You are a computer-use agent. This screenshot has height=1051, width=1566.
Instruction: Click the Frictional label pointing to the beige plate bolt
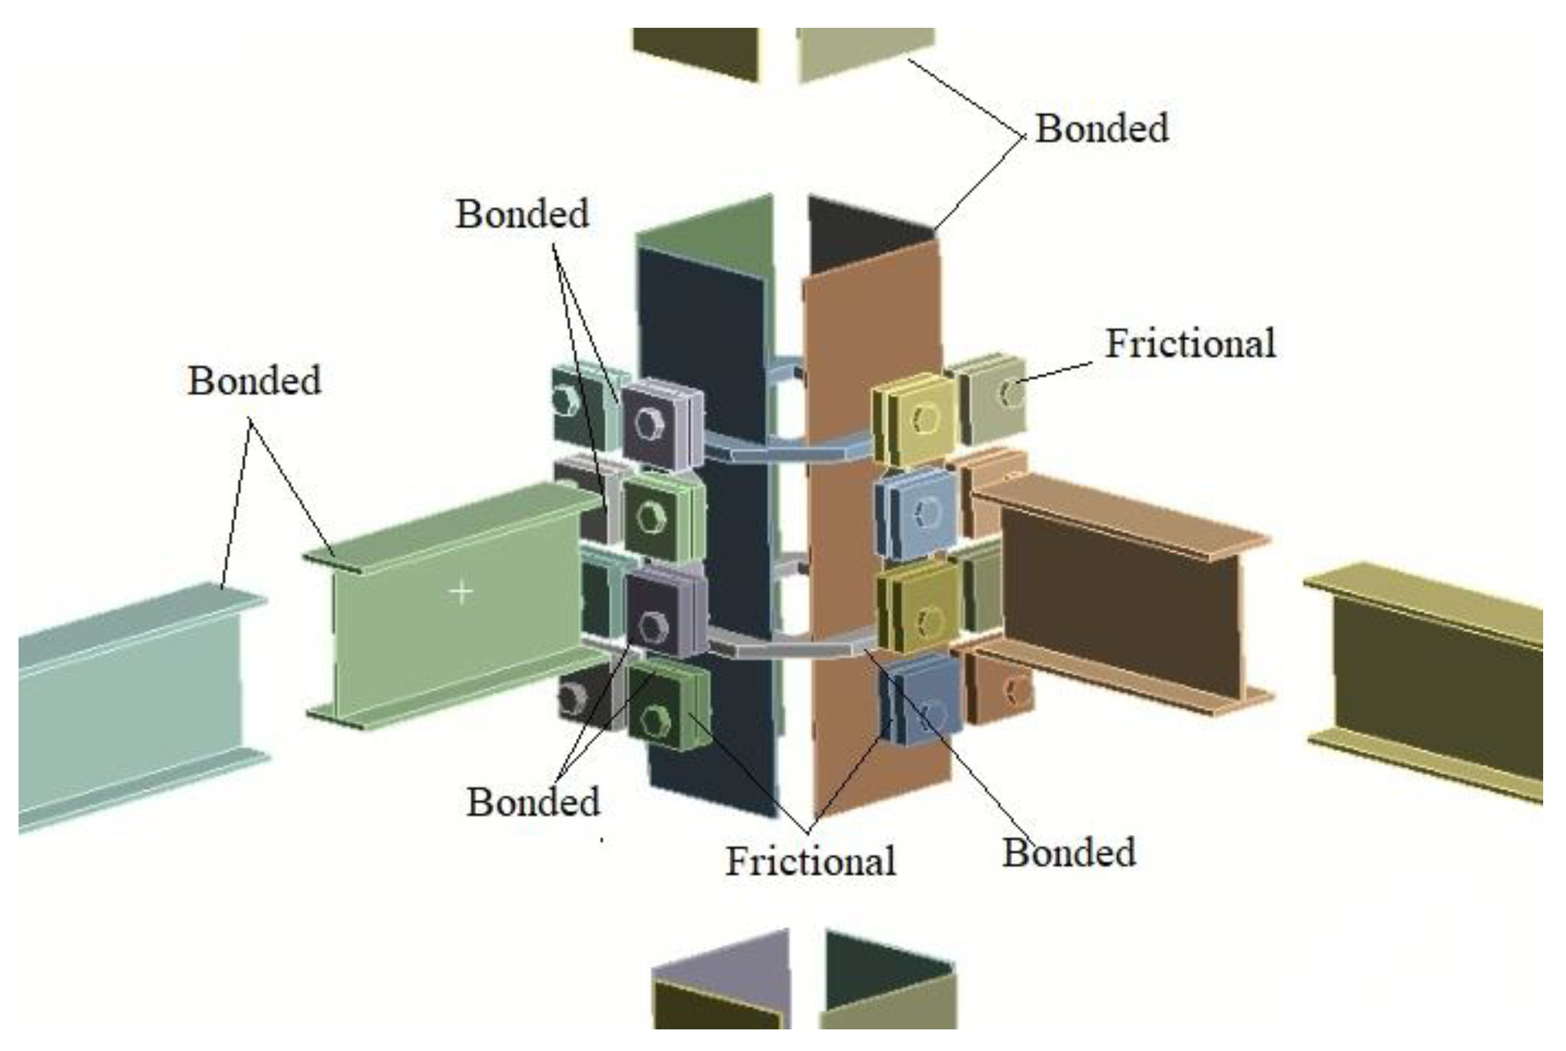(1190, 344)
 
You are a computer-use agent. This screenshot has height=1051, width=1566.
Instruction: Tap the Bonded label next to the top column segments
(1102, 128)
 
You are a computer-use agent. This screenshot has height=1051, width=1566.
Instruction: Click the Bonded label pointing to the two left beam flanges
(254, 381)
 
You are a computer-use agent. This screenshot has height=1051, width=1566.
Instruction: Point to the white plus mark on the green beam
(461, 592)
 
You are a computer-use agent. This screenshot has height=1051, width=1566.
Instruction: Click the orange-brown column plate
(872, 536)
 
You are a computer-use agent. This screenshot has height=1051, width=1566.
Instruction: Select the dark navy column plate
(704, 536)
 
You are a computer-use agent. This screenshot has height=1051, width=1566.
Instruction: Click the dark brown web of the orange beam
(1119, 603)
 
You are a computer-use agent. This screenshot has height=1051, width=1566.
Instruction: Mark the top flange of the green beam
(456, 526)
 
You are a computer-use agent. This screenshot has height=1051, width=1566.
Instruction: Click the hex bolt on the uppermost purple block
(648, 424)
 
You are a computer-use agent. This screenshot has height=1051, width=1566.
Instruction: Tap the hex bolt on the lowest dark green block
(654, 721)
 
